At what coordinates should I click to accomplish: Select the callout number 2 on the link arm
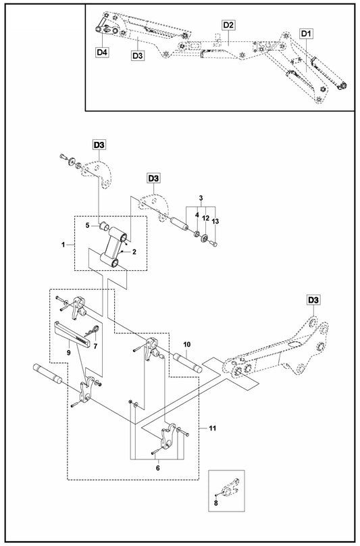(134, 251)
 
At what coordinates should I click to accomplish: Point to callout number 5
(87, 225)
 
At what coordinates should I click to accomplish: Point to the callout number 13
(215, 222)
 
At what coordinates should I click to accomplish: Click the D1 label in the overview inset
(306, 32)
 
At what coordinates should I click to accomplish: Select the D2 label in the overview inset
(228, 25)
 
